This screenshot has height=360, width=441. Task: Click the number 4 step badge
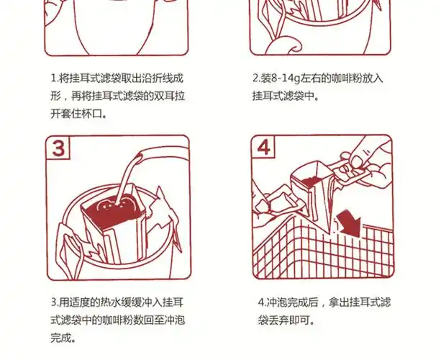click(x=266, y=150)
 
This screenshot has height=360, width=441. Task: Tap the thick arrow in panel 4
click(x=350, y=221)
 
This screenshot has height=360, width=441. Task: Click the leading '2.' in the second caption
click(x=255, y=78)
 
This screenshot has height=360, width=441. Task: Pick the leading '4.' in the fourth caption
click(x=261, y=302)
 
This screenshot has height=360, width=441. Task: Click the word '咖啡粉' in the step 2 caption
click(x=347, y=78)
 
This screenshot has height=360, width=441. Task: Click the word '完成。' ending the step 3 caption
click(x=62, y=337)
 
